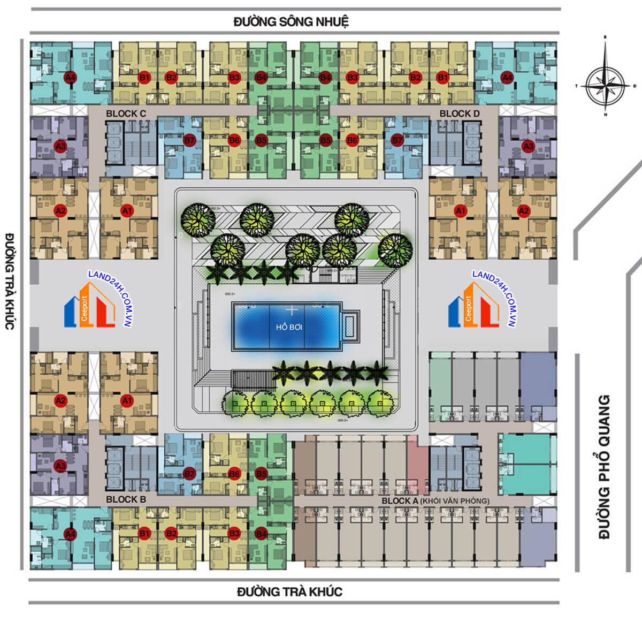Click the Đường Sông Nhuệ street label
coord(291,22)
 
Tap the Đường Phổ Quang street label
coord(604,466)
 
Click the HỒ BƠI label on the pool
coord(290,327)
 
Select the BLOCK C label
coord(126,113)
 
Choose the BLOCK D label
coord(459,113)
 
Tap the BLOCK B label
coord(126,499)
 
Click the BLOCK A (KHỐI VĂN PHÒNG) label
coord(435,501)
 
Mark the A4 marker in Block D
coord(507,78)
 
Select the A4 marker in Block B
coord(70,533)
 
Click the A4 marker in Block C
coord(70,78)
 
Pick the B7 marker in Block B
coord(189,474)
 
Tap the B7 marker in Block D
coord(397,140)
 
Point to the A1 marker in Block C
coord(127,211)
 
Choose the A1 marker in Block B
coord(127,400)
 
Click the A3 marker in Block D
coord(528,146)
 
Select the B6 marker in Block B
coord(234,474)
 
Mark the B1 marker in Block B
coord(144,533)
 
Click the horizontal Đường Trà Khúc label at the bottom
coord(289,592)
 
